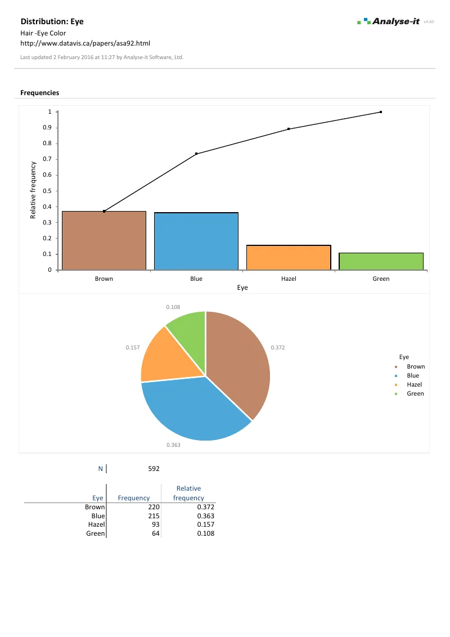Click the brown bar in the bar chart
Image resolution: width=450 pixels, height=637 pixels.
click(104, 241)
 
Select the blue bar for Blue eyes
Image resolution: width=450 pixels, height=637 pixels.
click(196, 241)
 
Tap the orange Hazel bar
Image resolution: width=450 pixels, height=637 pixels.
click(289, 258)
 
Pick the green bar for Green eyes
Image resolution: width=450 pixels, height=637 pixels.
click(381, 262)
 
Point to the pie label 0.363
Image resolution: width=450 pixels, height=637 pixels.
click(173, 445)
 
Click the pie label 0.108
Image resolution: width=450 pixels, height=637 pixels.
click(173, 307)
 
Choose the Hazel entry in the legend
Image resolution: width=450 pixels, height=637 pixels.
click(415, 384)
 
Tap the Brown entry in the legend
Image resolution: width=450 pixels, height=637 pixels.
click(416, 366)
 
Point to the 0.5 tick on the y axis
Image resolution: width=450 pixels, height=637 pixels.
click(47, 191)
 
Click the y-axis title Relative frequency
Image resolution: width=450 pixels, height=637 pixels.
click(33, 190)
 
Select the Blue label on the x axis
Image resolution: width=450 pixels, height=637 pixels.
click(196, 279)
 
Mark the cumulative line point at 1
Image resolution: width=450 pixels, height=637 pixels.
click(381, 112)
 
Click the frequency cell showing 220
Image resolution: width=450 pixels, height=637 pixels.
click(154, 507)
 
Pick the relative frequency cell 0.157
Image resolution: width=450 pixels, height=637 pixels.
click(205, 524)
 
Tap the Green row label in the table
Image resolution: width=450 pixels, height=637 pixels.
click(95, 533)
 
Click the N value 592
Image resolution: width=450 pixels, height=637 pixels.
click(154, 468)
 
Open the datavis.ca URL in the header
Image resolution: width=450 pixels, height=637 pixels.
click(85, 43)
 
